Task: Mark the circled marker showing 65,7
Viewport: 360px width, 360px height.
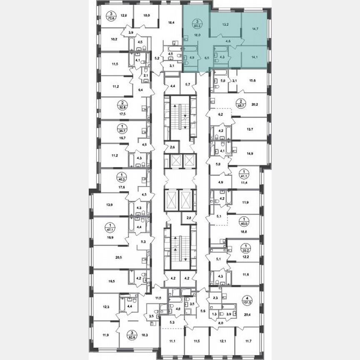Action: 240,102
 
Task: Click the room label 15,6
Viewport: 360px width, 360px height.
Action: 252,81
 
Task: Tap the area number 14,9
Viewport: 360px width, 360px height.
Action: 250,152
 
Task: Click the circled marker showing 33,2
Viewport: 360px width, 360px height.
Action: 245,248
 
